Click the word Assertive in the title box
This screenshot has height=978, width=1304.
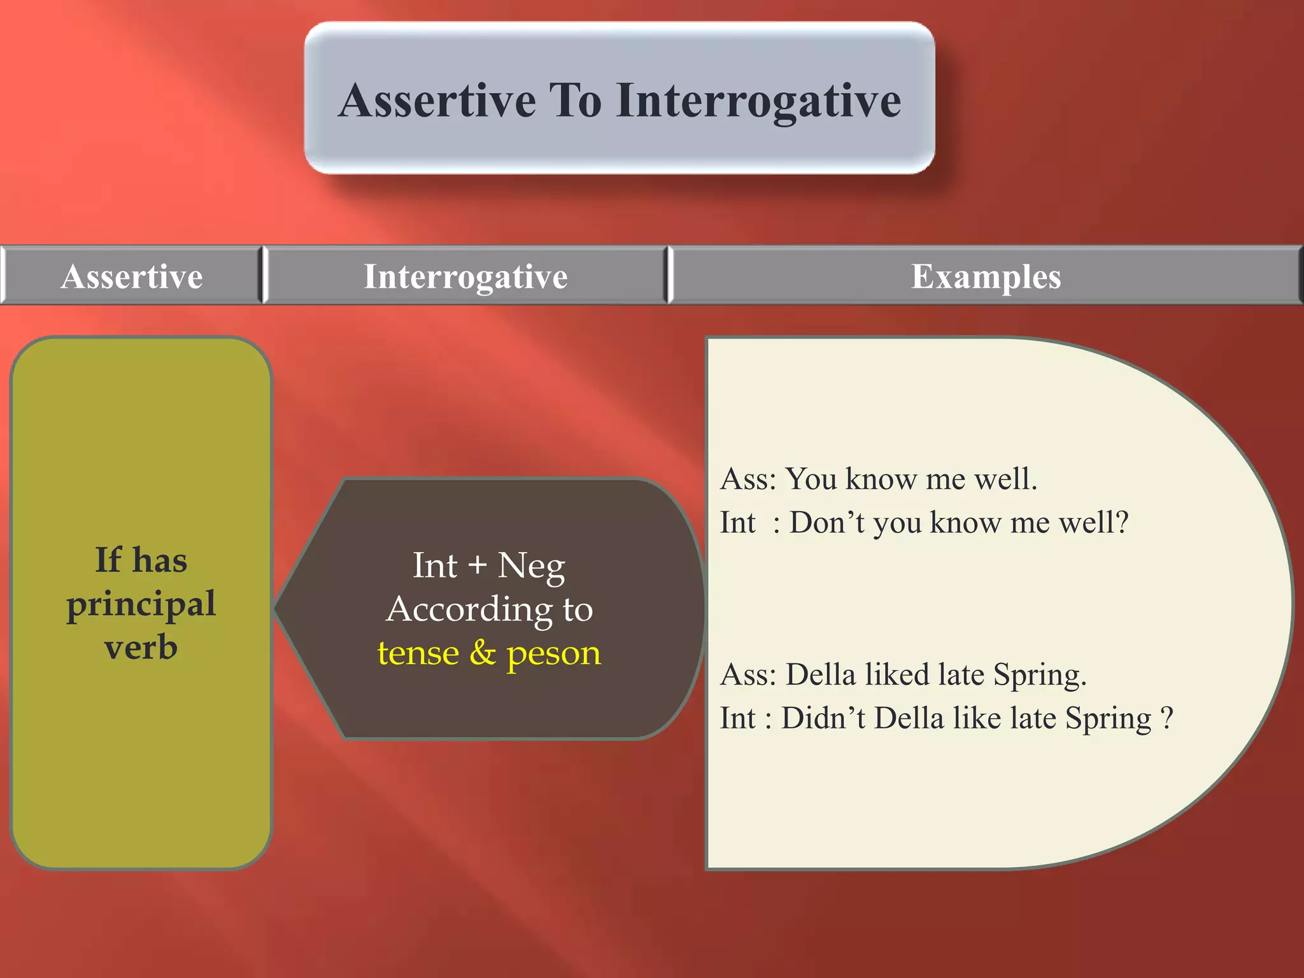437,101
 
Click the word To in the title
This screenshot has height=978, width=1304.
576,101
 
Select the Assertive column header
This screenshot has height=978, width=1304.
132,276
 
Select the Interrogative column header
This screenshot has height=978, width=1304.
465,276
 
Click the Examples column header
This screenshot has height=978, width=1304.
986,276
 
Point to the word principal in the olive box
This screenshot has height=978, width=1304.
141,604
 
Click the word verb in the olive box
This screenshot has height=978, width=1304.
141,647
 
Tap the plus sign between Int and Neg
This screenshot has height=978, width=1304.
477,565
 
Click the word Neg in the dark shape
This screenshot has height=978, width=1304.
531,567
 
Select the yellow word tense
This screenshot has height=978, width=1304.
418,653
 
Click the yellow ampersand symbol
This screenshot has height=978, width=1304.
483,653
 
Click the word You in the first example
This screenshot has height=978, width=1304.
811,479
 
